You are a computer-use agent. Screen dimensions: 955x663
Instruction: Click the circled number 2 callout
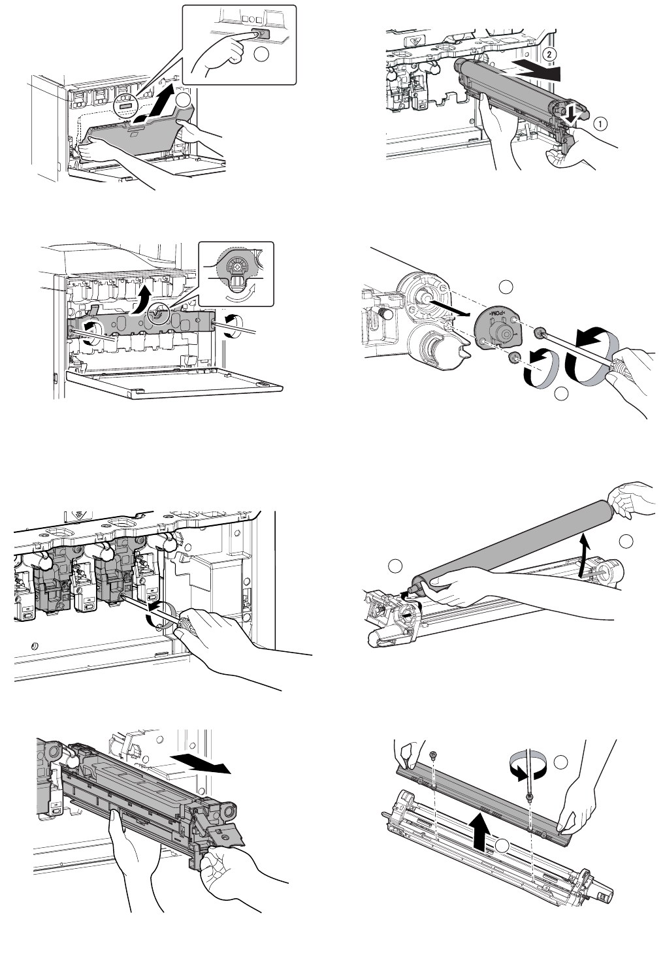click(x=551, y=55)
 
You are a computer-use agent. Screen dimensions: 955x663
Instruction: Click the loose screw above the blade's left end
click(x=433, y=756)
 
